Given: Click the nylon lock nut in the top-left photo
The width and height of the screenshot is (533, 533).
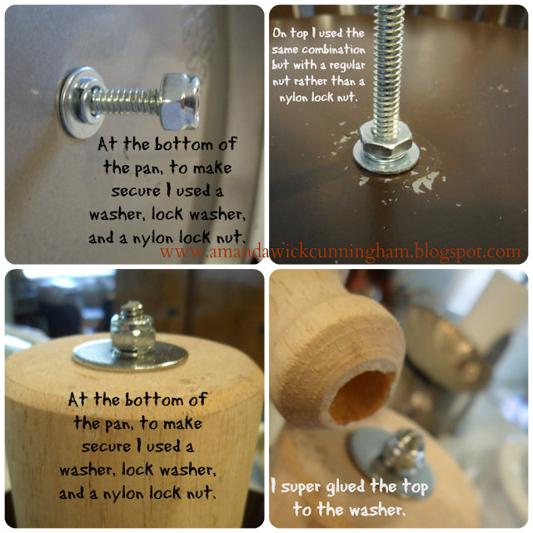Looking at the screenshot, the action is tap(179, 102).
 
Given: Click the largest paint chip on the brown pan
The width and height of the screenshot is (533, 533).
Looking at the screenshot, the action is tap(425, 182).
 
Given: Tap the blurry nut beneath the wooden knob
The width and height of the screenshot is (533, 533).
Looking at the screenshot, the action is tap(406, 449).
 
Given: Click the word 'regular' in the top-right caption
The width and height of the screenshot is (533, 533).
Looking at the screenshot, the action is tap(347, 66).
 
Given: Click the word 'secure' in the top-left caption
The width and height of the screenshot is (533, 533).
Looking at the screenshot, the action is tap(136, 191).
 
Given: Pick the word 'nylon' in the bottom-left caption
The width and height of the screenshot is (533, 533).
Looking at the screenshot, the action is tap(123, 494).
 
